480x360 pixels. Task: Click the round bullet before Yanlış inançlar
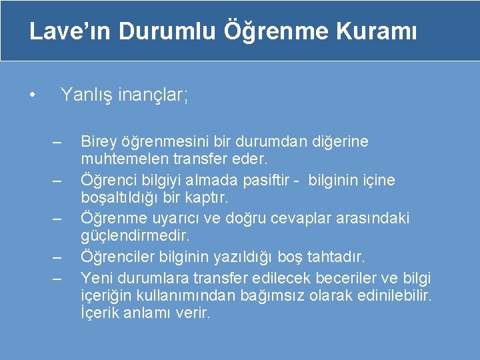pos(31,96)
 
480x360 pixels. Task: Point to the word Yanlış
pos(86,95)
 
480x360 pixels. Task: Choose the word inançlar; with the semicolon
pos(153,95)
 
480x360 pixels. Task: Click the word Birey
pos(97,141)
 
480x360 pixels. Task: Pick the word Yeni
pos(95,276)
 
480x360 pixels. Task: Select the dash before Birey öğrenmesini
pos(56,143)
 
